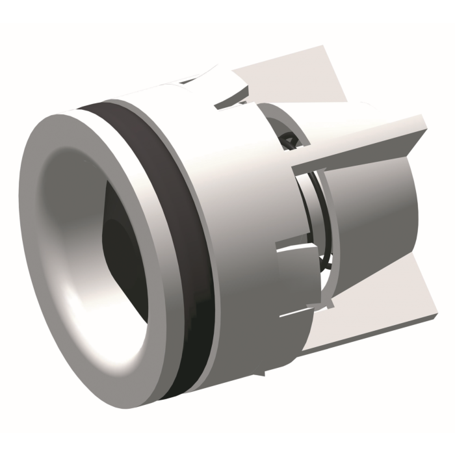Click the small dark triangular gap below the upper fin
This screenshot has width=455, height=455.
(287, 138)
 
